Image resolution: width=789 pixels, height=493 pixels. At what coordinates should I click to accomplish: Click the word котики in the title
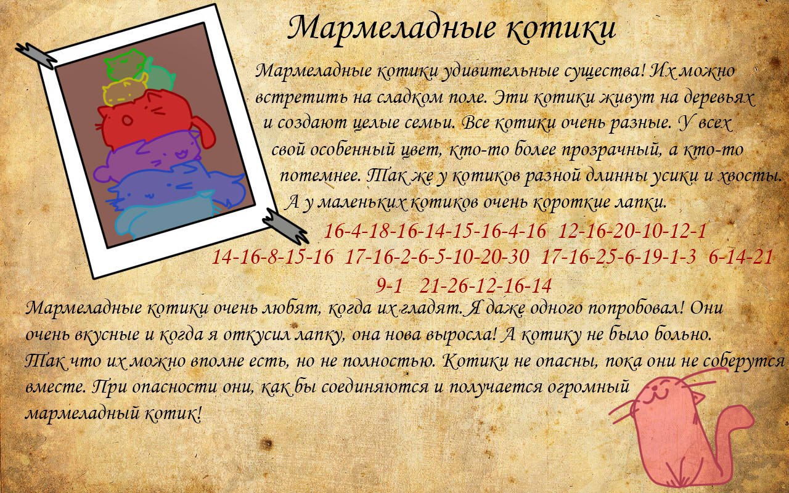(561, 28)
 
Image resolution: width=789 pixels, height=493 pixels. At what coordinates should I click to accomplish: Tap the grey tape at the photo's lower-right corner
(285, 226)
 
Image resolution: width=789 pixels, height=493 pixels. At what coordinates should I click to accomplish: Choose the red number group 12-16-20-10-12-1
(632, 231)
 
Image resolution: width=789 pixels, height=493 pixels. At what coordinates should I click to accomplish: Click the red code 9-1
(389, 286)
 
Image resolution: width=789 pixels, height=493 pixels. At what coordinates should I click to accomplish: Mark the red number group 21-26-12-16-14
(485, 286)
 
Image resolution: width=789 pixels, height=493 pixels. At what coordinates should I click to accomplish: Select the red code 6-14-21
(740, 258)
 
